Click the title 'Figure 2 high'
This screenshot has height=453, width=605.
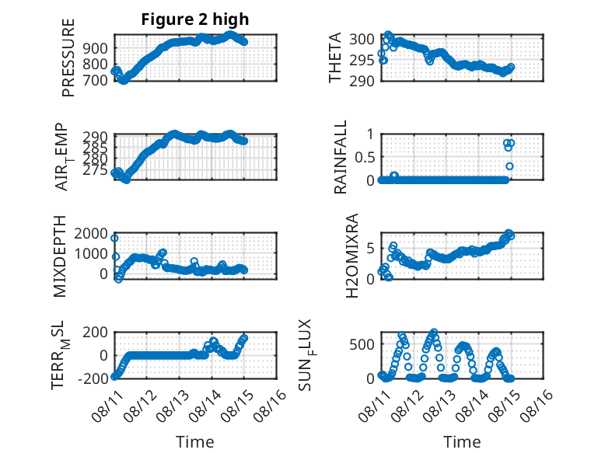[x=195, y=19]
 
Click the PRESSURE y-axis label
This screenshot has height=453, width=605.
[x=68, y=57]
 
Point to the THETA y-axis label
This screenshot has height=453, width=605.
[x=335, y=57]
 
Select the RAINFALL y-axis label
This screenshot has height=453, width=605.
[x=341, y=157]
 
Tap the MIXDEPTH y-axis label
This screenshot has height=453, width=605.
[x=60, y=256]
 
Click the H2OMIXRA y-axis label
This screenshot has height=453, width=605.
[x=352, y=256]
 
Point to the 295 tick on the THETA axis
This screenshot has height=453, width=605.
[x=362, y=60]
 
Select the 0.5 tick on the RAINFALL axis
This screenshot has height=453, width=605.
[x=364, y=157]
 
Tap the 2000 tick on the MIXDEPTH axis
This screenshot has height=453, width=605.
[x=91, y=233]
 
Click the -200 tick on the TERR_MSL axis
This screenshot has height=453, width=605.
[x=93, y=378]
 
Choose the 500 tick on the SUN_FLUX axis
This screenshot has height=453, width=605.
[x=362, y=344]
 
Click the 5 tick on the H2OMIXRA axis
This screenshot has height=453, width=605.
[x=370, y=249]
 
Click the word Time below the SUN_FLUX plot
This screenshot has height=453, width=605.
[x=462, y=441]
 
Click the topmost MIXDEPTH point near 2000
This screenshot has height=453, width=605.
[x=114, y=239]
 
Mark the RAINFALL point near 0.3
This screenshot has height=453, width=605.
[x=509, y=166]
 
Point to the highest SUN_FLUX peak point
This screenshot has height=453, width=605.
[x=434, y=332]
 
